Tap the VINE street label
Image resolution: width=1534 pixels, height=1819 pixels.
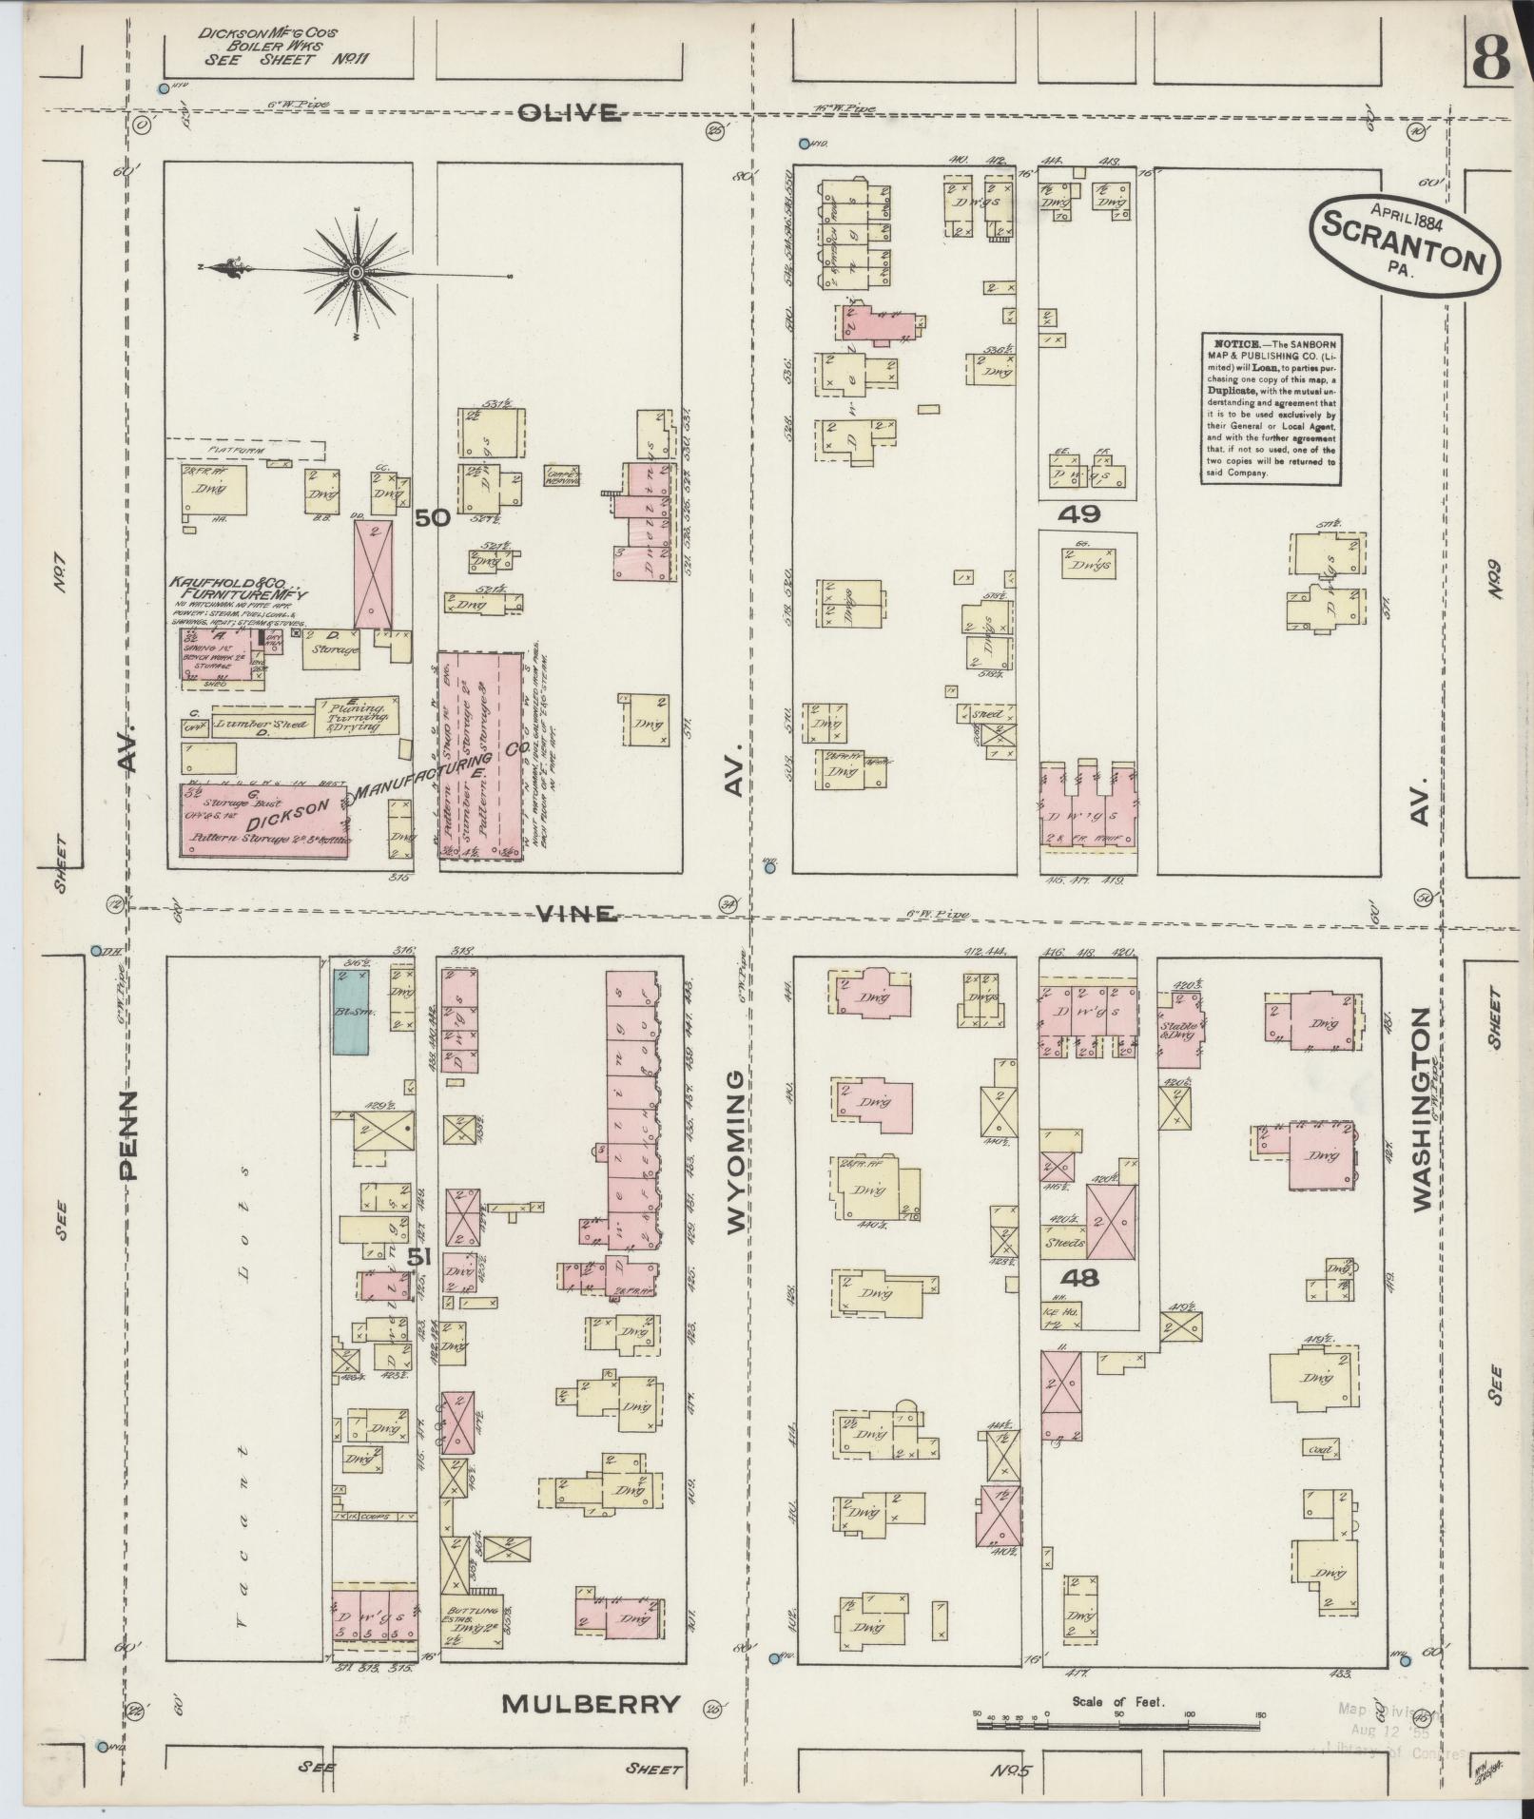(x=575, y=913)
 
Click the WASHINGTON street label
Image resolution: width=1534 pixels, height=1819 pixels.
(x=1422, y=1110)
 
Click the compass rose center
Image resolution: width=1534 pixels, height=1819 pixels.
(x=356, y=273)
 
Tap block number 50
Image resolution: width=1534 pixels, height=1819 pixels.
(x=432, y=517)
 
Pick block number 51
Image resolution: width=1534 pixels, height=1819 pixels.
(x=419, y=1257)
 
